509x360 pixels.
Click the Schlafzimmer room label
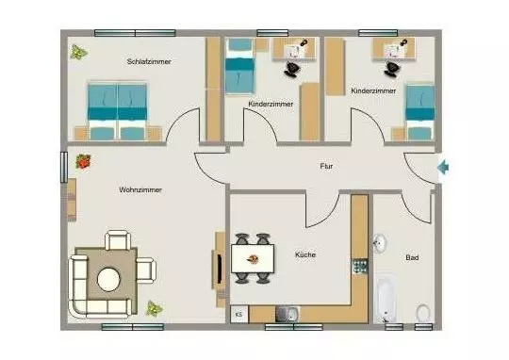point(149,61)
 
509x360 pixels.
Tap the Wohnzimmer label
point(140,190)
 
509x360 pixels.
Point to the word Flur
point(326,166)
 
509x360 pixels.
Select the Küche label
point(305,254)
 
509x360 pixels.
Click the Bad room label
point(412,257)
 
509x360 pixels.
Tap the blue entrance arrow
point(443,168)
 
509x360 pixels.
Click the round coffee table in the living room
point(108,280)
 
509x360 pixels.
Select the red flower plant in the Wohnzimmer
point(83,161)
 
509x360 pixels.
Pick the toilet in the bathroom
point(423,313)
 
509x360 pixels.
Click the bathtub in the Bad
point(386,301)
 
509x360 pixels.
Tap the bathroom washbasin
point(379,243)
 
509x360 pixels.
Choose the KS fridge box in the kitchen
point(239,314)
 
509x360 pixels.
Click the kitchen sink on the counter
point(287,314)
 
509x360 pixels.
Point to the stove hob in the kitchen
point(360,266)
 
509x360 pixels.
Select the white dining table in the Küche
point(253,259)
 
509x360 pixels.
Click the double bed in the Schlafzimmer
point(117,110)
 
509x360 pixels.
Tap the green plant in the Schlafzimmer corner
point(78,52)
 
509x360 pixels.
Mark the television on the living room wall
point(220,269)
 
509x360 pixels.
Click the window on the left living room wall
point(64,167)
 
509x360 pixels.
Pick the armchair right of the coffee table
point(146,270)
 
